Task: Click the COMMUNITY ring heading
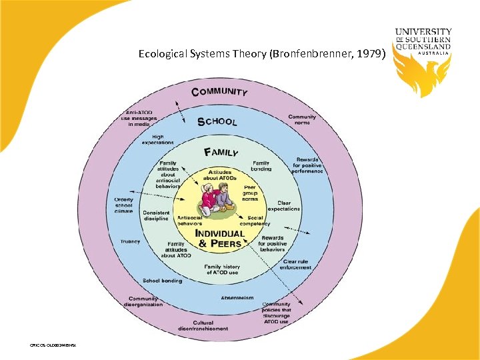[x=219, y=92]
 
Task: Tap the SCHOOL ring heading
[x=217, y=121]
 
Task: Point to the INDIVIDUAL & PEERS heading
[x=219, y=239]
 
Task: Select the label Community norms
[x=302, y=120]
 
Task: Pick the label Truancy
[x=130, y=241]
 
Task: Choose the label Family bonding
[x=261, y=165]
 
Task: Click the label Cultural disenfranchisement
[x=203, y=325]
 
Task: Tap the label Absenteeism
[x=237, y=297]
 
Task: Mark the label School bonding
[x=162, y=281]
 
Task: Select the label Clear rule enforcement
[x=297, y=265]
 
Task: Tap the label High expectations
[x=158, y=139]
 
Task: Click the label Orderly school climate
[x=124, y=206]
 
